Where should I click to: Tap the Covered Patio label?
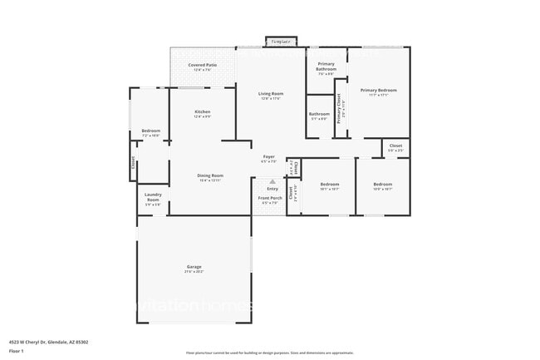click(x=203, y=65)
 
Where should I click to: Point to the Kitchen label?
click(x=202, y=111)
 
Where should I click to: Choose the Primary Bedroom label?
click(x=378, y=90)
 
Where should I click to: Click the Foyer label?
click(x=269, y=156)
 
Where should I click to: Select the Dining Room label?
click(x=210, y=175)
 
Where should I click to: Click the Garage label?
click(x=193, y=267)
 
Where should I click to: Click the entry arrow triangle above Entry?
click(x=272, y=182)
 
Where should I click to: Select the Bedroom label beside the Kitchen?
click(x=150, y=131)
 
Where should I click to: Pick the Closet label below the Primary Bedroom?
click(x=395, y=145)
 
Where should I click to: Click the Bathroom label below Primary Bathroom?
click(x=319, y=114)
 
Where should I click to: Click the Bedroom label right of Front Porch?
click(x=330, y=184)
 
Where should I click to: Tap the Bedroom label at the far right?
click(x=382, y=184)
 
